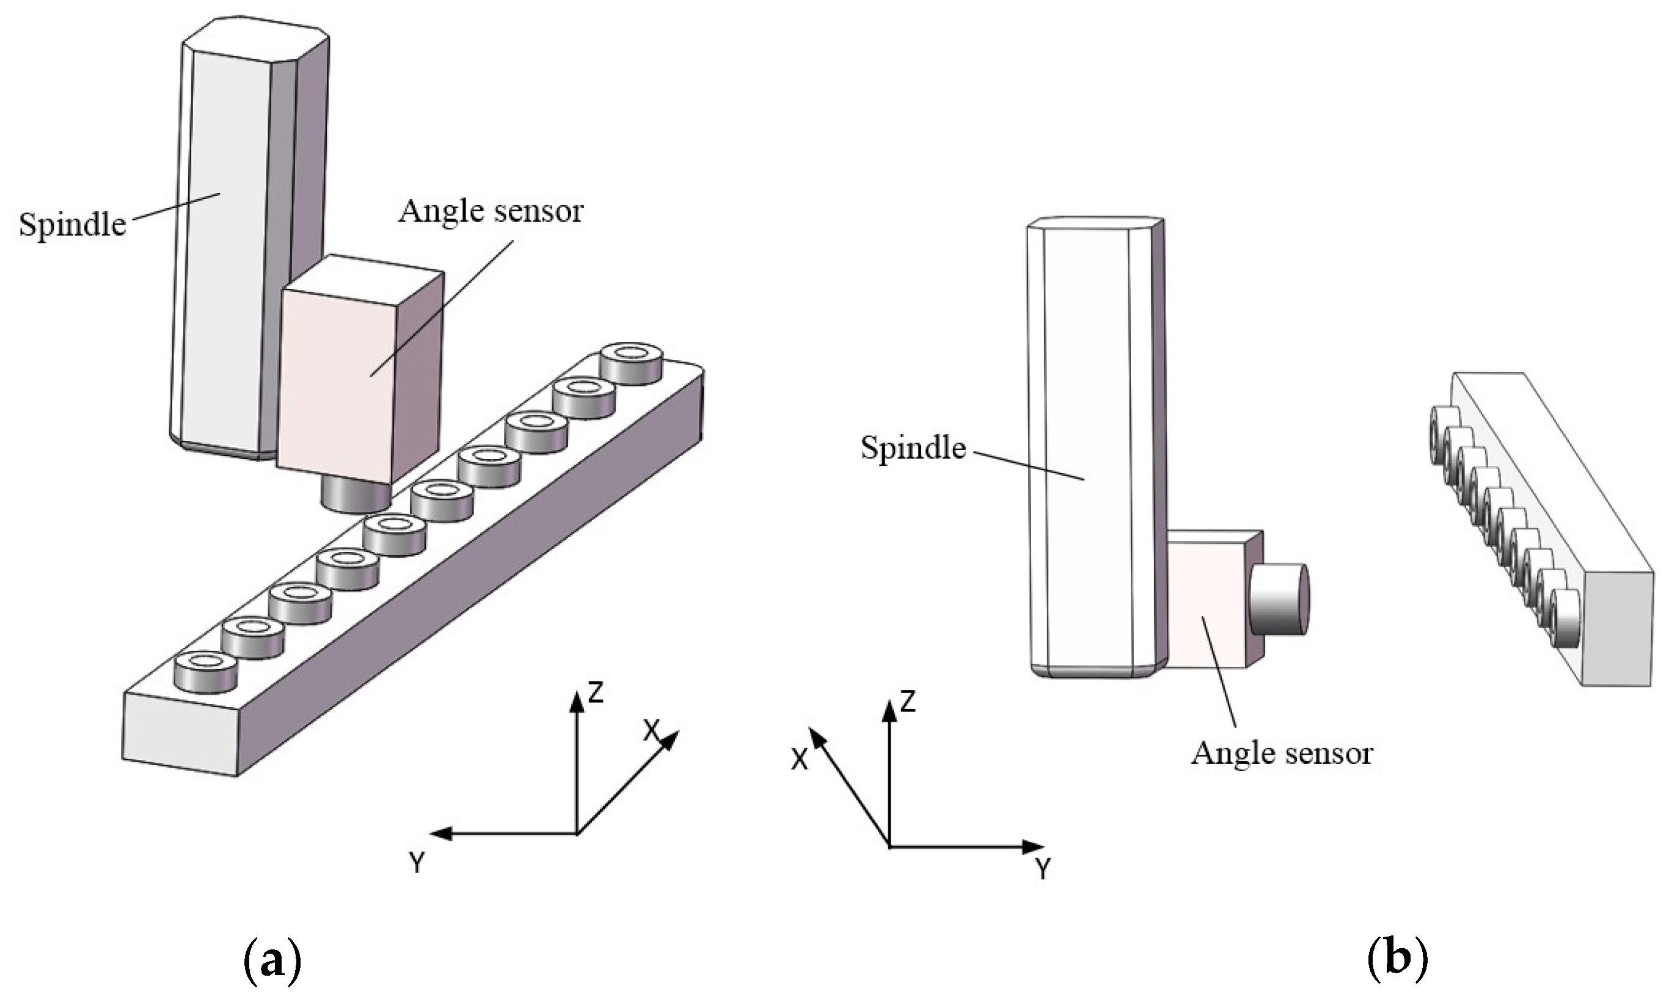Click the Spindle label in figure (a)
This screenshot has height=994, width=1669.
[x=71, y=225]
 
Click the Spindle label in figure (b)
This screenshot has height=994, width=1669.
[x=913, y=448]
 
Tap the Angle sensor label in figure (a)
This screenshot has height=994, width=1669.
[x=491, y=212]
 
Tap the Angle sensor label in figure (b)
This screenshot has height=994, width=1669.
[x=1281, y=753]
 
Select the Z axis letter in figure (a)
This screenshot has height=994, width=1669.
[x=596, y=692]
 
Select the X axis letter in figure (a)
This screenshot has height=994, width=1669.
[x=651, y=731]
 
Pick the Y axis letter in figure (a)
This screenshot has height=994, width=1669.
[x=417, y=863]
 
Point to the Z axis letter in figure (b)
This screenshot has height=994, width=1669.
[x=908, y=702]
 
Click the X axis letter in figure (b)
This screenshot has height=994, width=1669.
[x=798, y=760]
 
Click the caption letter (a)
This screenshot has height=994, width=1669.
[x=271, y=962]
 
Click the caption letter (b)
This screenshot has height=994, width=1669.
[x=1397, y=962]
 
